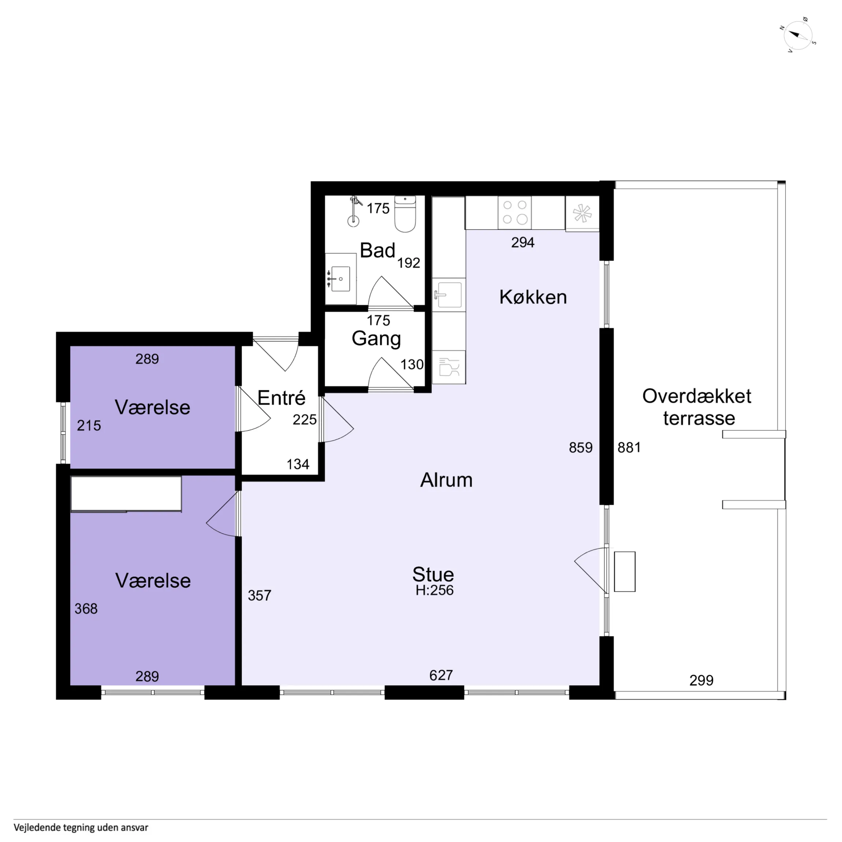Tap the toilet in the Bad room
[x=405, y=214]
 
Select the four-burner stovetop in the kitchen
[x=515, y=212]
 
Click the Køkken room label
[x=533, y=297]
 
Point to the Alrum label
[x=446, y=480]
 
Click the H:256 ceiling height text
[x=435, y=590]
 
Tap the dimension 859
[x=581, y=448]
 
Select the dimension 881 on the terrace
[x=629, y=448]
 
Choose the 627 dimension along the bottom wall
[x=441, y=675]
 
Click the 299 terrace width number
[x=701, y=680]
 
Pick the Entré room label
[x=281, y=398]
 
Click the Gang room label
[x=376, y=339]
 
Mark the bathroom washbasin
[x=341, y=279]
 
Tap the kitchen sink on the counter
[x=449, y=295]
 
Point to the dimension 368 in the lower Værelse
[x=86, y=609]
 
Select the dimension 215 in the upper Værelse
[x=89, y=425]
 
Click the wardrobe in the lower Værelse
[x=126, y=494]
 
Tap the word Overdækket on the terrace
[x=696, y=396]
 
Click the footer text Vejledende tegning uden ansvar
[x=81, y=828]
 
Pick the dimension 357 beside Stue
[x=259, y=595]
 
